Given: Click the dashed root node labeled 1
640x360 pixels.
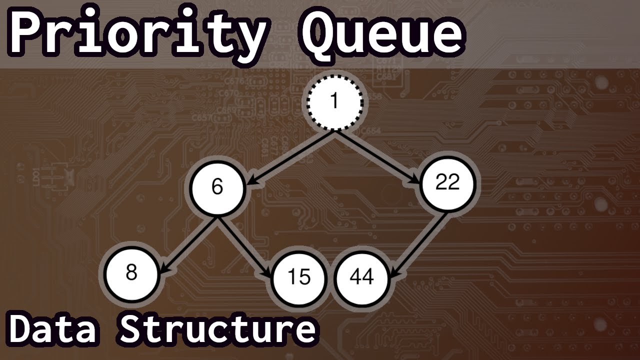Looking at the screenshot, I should click(x=334, y=102).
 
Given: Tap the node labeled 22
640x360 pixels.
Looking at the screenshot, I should click(x=447, y=183).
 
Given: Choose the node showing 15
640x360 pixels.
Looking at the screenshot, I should click(x=299, y=277).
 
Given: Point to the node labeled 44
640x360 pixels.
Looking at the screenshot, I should click(x=362, y=276).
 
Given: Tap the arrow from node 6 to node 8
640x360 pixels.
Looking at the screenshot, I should click(x=190, y=244).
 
